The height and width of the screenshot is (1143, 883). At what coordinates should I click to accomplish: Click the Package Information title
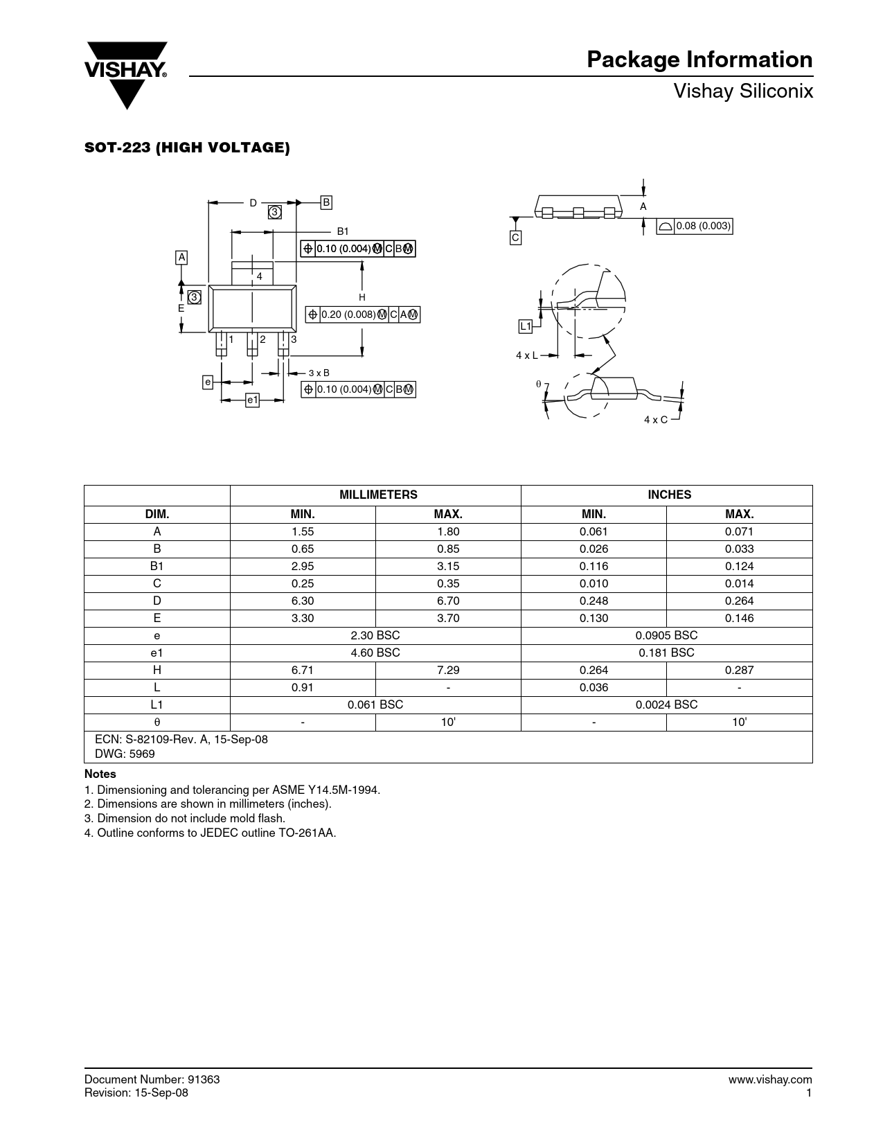699,60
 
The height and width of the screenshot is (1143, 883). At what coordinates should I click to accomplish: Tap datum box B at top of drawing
326,202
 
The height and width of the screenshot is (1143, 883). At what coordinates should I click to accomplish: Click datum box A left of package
181,257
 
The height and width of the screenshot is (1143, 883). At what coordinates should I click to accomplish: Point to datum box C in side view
515,238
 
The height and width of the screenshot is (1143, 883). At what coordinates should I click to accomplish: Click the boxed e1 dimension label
252,400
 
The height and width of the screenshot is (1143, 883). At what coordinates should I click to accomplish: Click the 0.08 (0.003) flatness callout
694,226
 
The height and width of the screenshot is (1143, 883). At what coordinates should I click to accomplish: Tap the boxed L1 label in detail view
526,326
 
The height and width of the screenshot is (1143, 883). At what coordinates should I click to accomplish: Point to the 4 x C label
655,420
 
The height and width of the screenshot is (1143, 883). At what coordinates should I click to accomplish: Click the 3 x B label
319,373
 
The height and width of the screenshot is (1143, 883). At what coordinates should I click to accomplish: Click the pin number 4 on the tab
260,276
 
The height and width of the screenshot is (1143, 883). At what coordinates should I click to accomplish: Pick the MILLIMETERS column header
378,495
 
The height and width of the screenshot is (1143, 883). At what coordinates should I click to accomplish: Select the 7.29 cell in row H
448,670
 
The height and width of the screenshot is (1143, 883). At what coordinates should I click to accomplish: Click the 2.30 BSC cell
375,635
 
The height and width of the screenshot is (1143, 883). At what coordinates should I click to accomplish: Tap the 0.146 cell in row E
739,618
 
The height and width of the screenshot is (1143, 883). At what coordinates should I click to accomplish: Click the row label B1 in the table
157,566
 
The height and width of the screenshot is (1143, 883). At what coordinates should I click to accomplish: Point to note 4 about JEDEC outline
211,833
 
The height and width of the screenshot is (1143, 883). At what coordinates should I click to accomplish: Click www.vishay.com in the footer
770,1079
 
